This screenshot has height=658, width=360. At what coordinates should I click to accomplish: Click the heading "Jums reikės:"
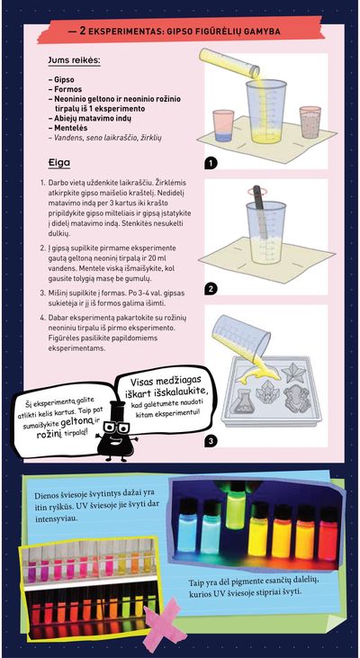(x=75, y=61)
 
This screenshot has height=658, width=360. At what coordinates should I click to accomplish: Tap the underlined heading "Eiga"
(x=59, y=162)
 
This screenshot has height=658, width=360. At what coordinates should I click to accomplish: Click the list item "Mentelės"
(x=68, y=128)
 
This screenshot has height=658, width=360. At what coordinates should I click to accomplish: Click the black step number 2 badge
(x=211, y=289)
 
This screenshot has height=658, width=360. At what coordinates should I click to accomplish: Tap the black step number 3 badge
(x=211, y=440)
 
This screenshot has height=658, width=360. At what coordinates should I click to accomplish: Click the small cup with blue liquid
(x=223, y=126)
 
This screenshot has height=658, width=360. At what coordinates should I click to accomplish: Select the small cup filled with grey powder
(x=310, y=122)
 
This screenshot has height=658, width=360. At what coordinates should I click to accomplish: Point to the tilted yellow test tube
(x=229, y=63)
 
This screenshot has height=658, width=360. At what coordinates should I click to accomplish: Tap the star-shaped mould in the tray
(x=293, y=373)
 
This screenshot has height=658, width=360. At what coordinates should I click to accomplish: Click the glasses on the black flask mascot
(x=116, y=428)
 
